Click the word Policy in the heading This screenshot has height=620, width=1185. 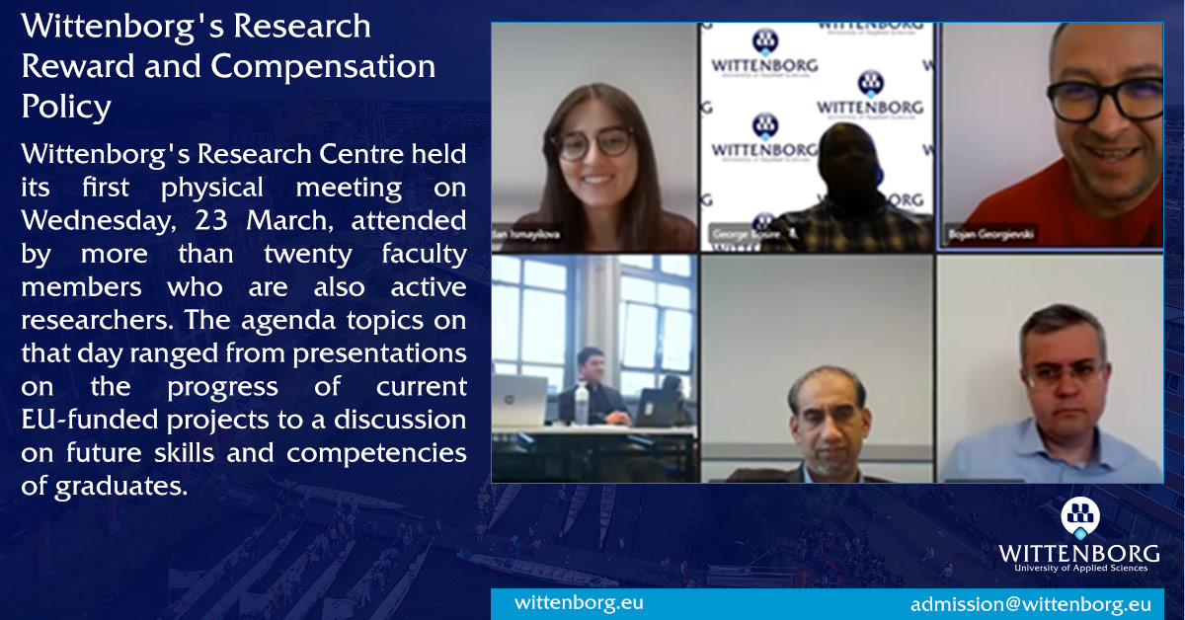[66, 107]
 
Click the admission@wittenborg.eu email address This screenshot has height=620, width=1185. [1030, 604]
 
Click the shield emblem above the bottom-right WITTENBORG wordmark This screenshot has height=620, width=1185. [1079, 517]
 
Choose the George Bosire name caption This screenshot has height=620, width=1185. [743, 235]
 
